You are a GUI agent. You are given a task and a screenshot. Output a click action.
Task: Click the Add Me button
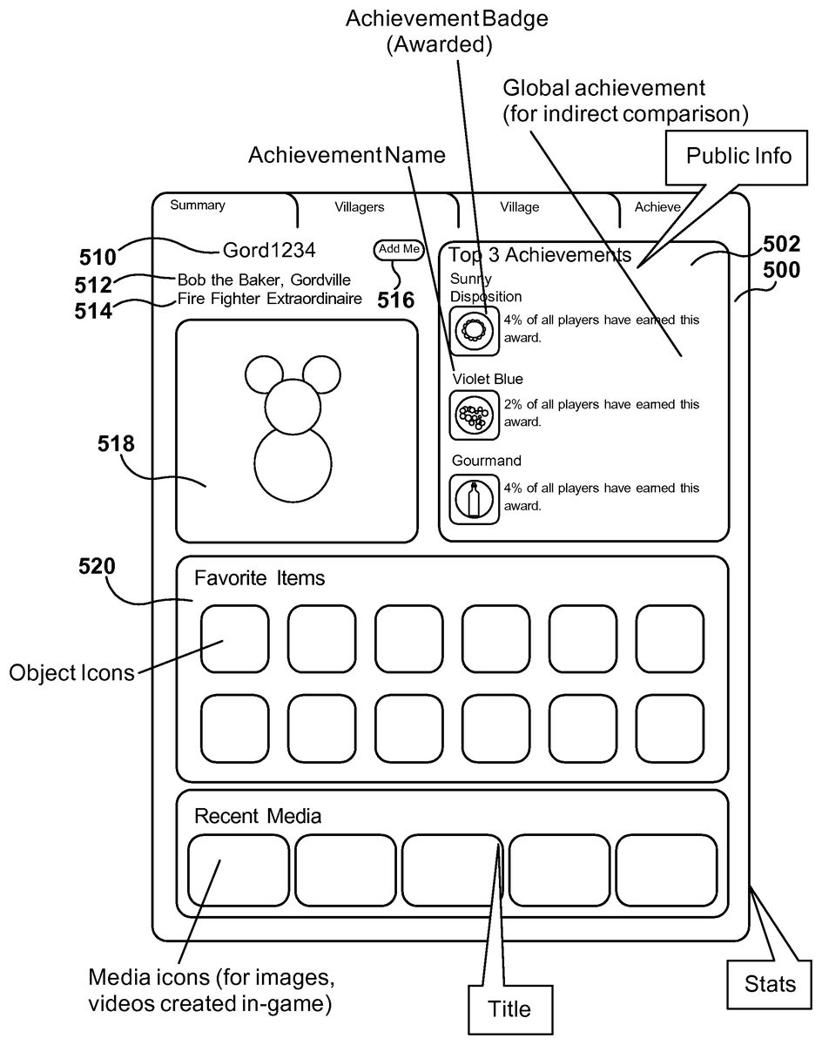point(400,249)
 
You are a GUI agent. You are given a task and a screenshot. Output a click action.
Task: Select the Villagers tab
point(360,207)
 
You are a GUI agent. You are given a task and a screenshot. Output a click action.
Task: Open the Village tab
point(519,207)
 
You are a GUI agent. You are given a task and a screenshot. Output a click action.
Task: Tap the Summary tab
point(198,206)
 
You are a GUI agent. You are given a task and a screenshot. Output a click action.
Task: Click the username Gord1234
point(269,250)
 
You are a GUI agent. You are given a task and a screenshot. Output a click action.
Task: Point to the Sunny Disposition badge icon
point(475,330)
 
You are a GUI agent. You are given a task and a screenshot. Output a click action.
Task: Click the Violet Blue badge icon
point(475,415)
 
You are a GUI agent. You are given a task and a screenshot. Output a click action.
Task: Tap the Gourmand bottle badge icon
point(475,499)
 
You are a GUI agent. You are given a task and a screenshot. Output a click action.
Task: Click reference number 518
point(116,444)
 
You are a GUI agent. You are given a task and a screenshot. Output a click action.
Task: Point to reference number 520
point(97,567)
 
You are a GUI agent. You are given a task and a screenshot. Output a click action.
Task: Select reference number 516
point(395,300)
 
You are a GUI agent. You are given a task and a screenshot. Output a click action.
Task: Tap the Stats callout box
point(770,984)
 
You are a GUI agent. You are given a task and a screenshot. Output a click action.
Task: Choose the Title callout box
point(509,1009)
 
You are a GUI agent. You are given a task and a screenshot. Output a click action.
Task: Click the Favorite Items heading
point(259,577)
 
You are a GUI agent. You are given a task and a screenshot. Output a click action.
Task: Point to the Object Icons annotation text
point(72,673)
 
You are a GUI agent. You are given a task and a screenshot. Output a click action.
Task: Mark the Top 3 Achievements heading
point(540,255)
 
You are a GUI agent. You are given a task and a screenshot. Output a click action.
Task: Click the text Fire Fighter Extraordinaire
point(270,300)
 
